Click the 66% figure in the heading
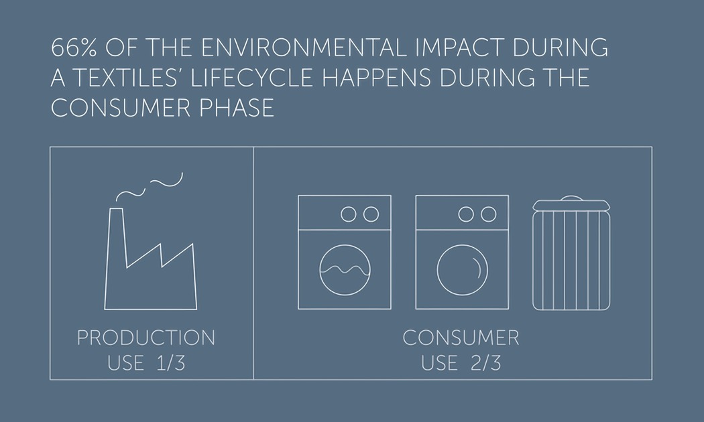tap(74, 48)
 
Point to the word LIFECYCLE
tap(252, 78)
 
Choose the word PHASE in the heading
tap(237, 108)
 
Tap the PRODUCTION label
tap(146, 338)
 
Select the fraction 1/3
tap(170, 363)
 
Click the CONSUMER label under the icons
tap(461, 338)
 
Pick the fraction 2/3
tap(486, 363)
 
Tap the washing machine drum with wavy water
tap(345, 270)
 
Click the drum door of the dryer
tap(462, 270)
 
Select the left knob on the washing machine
tap(349, 214)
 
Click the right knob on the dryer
tap(489, 214)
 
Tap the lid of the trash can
tap(571, 204)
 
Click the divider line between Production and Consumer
tap(253, 263)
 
